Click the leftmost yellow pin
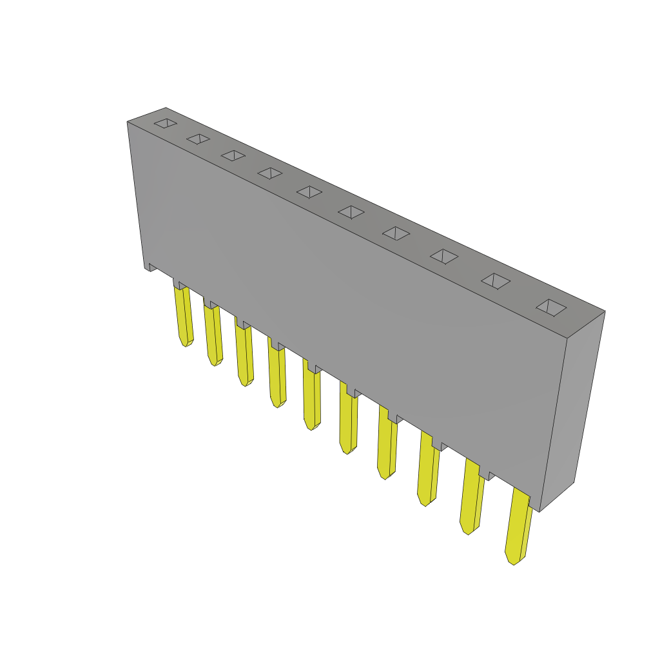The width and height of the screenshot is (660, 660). pos(184,316)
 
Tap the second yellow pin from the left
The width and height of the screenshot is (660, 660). pos(213,335)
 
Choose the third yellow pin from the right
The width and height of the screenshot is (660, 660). pos(427,471)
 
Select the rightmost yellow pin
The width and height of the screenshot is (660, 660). pos(518,529)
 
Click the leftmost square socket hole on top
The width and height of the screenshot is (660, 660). pos(166,123)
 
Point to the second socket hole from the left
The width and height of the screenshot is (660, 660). pos(198,139)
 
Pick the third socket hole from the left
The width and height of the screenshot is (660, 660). pos(233,155)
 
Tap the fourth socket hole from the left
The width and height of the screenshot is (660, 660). pos(270,173)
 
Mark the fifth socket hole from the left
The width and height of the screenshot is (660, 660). pos(309,192)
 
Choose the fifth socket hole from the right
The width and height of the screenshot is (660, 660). pos(351,212)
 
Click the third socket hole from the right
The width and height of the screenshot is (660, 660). pos(444,257)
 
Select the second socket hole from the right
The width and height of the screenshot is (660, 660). pos(496,281)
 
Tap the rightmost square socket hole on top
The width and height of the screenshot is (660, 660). pos(551,307)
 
